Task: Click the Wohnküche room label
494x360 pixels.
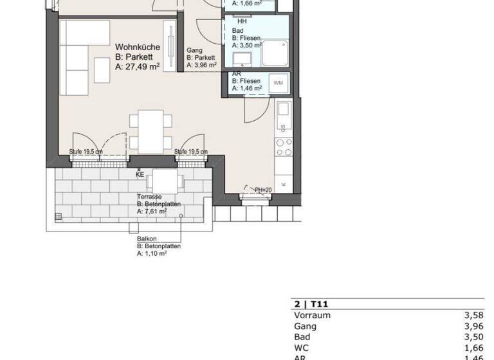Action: coord(137,47)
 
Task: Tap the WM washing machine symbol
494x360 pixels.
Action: coord(278,83)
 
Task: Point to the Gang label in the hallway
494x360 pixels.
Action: coord(195,50)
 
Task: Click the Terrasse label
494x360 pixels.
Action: coord(149,196)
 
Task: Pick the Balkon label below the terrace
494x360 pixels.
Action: coord(146,239)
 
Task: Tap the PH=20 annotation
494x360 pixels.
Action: coord(264,190)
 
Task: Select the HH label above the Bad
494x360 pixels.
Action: coord(242,21)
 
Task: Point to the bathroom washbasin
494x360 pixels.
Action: coord(244,60)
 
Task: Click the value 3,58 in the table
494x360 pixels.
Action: coord(473,316)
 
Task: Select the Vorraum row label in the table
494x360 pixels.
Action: coord(312,316)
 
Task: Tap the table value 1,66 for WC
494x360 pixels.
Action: coord(473,348)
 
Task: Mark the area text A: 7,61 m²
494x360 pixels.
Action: coord(152,211)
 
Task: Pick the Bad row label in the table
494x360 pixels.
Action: coord(302,337)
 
